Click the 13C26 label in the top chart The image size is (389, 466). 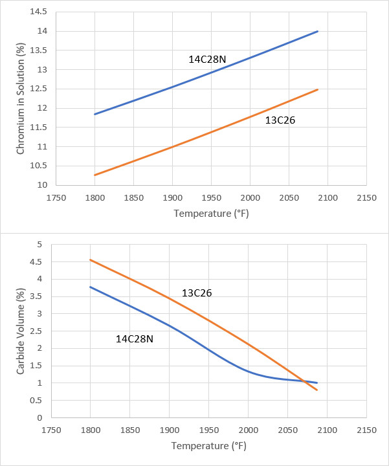280,120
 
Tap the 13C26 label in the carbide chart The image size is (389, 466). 197,293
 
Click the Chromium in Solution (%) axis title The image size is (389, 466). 21,99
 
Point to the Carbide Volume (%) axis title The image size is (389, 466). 21,331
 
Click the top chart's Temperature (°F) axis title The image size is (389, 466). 211,213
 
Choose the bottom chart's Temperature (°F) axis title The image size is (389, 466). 209,446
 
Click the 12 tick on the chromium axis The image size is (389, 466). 43,108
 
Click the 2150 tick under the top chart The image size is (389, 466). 366,198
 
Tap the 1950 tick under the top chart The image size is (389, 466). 211,198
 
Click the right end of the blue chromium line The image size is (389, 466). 318,31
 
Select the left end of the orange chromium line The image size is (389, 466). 94,175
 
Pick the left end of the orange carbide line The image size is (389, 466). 90,260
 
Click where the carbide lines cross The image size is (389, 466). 306,381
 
